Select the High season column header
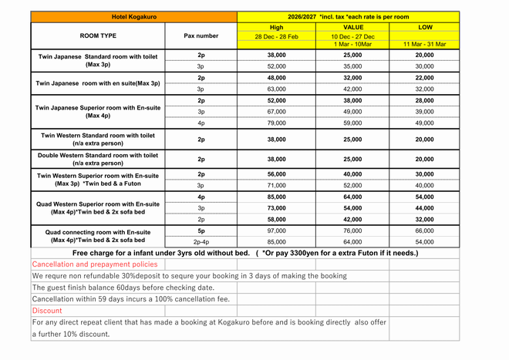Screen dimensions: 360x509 (277, 27)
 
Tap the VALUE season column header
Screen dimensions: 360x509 (352, 27)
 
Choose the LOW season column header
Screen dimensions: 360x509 (424, 27)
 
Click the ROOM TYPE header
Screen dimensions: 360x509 (98, 35)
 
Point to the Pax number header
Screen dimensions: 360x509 (201, 35)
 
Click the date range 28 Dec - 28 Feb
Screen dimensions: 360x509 (277, 36)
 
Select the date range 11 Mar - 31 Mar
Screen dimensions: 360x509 (424, 45)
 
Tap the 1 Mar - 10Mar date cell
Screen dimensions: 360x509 (352, 45)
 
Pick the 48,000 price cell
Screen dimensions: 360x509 (277, 78)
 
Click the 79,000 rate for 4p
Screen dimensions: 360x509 (277, 123)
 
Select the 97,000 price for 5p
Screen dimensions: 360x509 (277, 230)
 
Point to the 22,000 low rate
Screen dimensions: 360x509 (424, 78)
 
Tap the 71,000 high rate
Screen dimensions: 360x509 (277, 186)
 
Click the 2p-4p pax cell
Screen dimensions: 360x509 (201, 242)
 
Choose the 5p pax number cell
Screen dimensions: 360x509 (201, 230)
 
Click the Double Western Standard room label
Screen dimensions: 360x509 (98, 160)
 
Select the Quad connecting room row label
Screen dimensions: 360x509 (98, 236)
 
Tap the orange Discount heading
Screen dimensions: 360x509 (47, 311)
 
